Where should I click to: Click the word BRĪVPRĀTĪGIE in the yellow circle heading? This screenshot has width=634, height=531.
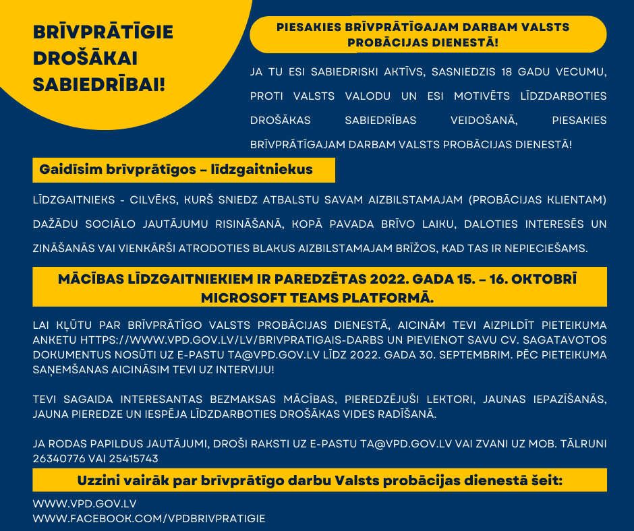103,32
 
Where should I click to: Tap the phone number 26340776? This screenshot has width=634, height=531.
57,458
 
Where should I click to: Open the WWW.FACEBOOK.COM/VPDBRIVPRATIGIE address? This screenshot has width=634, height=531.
149,518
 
